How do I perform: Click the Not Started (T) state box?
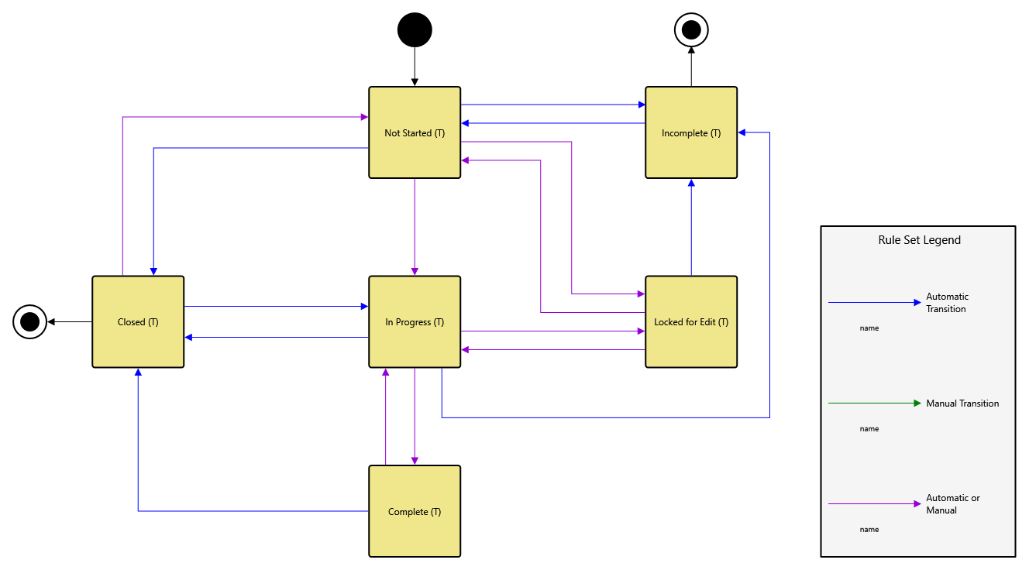[415, 132]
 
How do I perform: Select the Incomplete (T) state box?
[691, 132]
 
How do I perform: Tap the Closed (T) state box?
[138, 321]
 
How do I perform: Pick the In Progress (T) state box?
[415, 321]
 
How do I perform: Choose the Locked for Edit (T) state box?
[691, 321]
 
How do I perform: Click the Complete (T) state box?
[415, 511]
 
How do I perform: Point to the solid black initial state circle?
[415, 30]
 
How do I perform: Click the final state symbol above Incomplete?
[691, 30]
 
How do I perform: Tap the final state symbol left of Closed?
[29, 321]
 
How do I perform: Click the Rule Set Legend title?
[919, 240]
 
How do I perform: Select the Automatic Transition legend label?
[947, 303]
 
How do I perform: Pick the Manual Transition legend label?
[962, 403]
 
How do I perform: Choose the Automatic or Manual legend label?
[953, 504]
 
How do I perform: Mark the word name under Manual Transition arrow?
[869, 429]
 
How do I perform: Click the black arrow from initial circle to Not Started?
[415, 67]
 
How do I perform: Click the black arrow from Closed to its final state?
[70, 321]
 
